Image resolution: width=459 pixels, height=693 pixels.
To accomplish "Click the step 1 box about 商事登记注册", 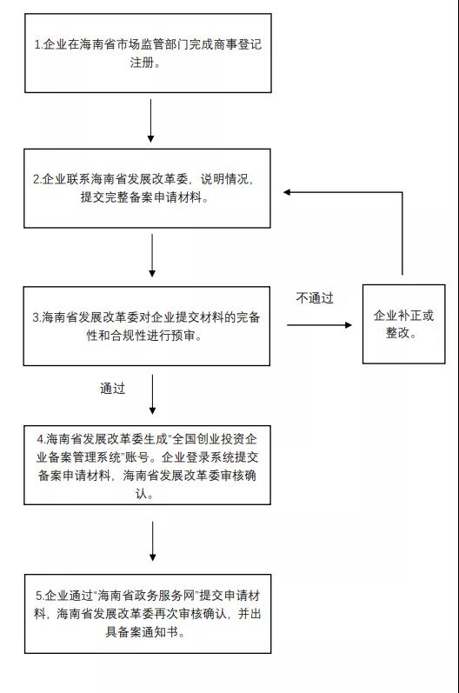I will tap(147, 53).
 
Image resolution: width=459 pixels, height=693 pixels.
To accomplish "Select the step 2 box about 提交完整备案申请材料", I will tap(147, 188).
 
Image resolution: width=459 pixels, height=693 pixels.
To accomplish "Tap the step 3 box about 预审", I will tap(147, 326).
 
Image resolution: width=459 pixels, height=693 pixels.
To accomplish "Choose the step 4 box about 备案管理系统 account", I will tap(147, 465).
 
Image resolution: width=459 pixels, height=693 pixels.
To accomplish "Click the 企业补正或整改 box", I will tap(403, 323).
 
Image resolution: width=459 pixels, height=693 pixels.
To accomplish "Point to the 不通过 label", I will tap(315, 298).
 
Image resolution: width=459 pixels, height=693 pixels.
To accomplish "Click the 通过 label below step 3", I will tap(112, 389).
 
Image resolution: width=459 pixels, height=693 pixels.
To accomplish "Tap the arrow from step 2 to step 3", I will tap(151, 256).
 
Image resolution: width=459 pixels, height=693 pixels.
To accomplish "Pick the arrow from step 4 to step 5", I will tap(151, 541).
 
